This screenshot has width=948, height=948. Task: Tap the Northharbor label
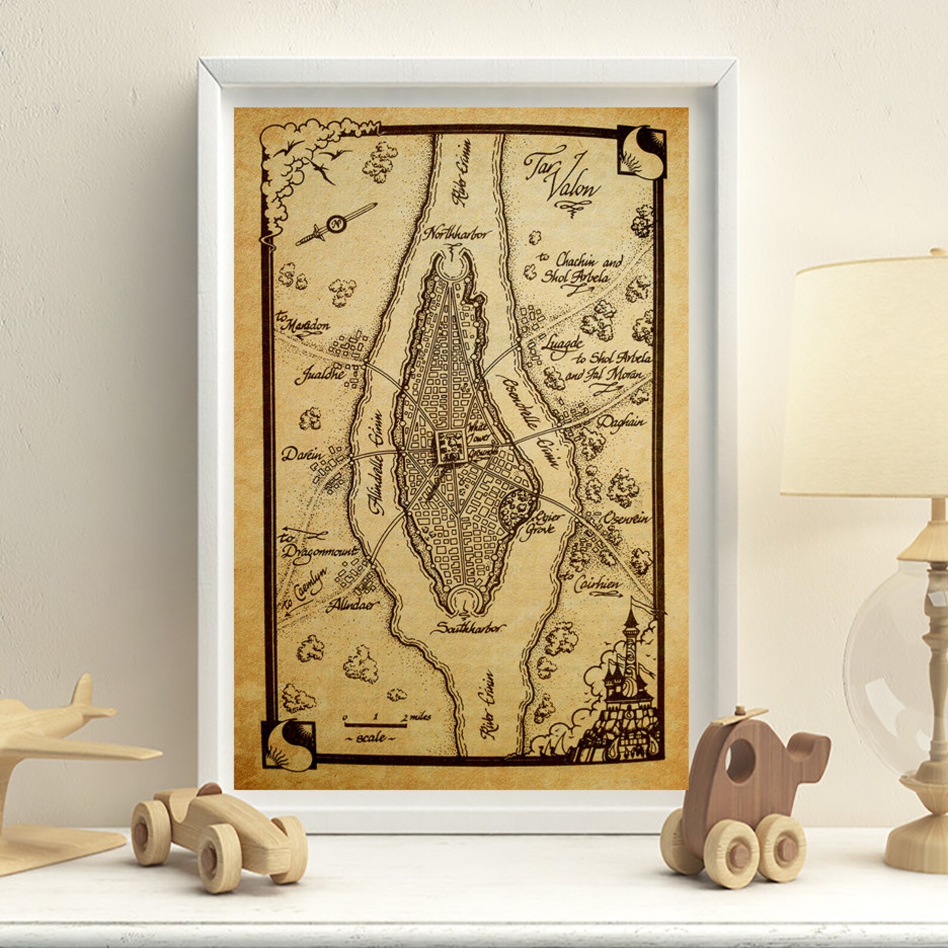click(455, 233)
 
